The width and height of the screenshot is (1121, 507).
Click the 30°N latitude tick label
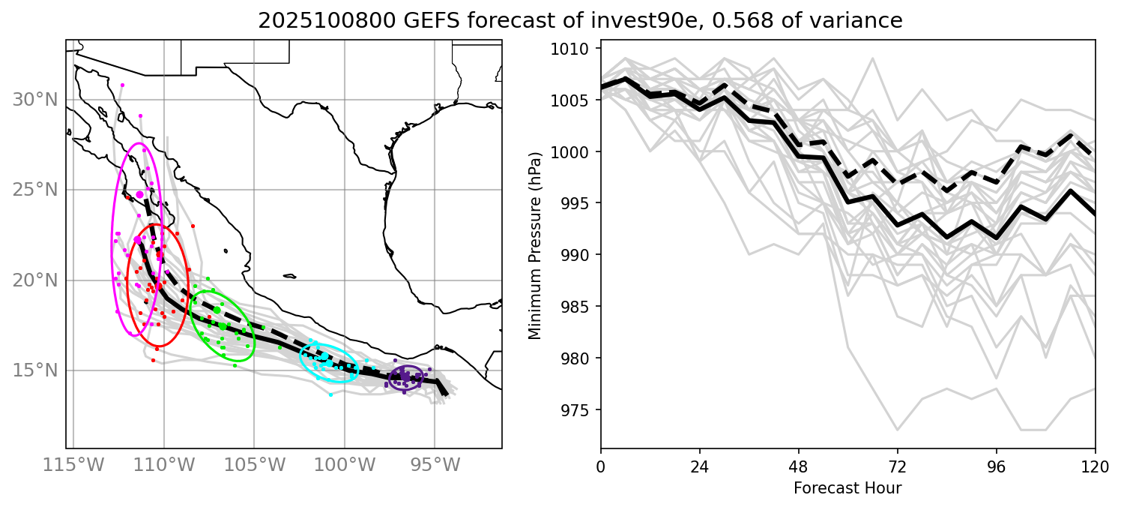pos(34,100)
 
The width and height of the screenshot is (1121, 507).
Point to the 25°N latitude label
pos(34,190)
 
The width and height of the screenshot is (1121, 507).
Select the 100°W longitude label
pos(345,465)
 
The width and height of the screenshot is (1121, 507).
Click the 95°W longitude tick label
pos(435,465)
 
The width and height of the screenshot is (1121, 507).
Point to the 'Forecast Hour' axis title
pos(847,488)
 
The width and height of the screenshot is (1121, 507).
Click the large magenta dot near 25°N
pos(140,194)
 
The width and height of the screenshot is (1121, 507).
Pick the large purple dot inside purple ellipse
pos(405,376)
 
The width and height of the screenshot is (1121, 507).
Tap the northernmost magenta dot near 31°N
pos(122,85)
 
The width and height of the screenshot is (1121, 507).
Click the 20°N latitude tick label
pos(34,280)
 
